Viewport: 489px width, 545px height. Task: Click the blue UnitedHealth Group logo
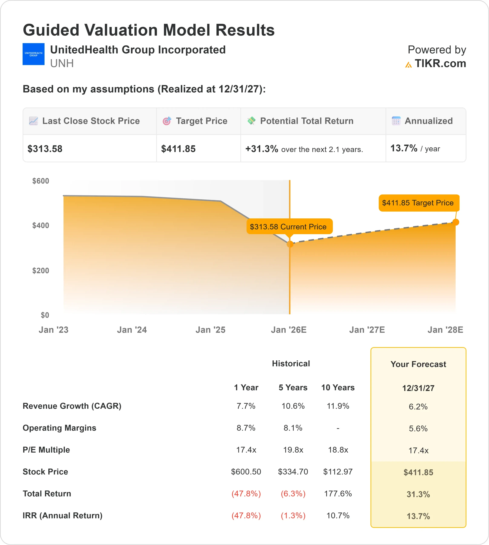[x=33, y=54]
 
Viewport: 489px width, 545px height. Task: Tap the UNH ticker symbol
[x=62, y=63]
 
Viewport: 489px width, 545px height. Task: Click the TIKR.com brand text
[x=440, y=63]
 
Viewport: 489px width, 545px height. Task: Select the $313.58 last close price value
[x=45, y=149]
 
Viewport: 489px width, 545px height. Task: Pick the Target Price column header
[x=201, y=121]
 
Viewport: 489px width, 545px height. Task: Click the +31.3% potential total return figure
[x=261, y=149]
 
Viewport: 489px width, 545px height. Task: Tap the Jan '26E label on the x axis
[x=289, y=330]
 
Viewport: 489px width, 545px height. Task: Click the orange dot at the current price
[x=290, y=244]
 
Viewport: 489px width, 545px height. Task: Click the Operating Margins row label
[x=59, y=428]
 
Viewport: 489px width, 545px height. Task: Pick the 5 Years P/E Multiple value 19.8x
[x=293, y=450]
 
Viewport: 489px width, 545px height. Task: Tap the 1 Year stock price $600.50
[x=246, y=472]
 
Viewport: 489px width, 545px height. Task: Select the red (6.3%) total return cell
[x=293, y=494]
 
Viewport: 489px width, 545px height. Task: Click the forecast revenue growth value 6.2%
[x=418, y=407]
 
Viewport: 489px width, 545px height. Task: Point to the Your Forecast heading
[x=418, y=364]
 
